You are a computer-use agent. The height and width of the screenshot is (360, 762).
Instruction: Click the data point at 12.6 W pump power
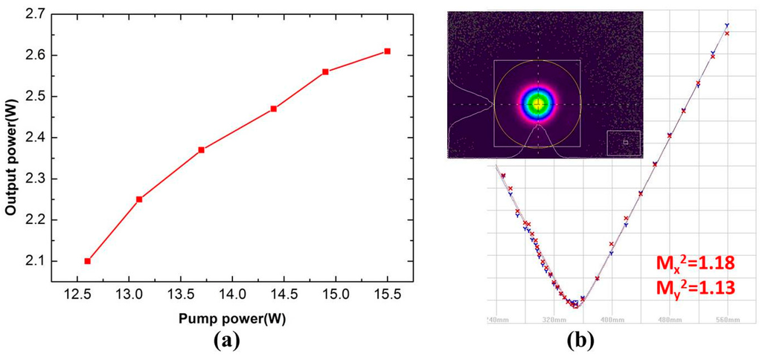(x=88, y=261)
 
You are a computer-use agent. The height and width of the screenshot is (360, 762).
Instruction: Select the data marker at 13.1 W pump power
(x=139, y=199)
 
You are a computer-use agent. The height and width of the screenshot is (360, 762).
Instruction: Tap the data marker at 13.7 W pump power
(x=202, y=150)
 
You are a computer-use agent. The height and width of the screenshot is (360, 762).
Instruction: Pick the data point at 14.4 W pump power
(x=274, y=109)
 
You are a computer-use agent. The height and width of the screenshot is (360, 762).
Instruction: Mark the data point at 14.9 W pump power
(x=325, y=71)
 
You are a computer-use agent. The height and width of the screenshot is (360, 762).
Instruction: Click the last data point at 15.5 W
(x=388, y=51)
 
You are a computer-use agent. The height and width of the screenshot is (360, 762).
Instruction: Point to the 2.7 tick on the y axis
(x=45, y=14)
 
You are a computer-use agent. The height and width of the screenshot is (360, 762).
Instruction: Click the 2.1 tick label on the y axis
(x=45, y=262)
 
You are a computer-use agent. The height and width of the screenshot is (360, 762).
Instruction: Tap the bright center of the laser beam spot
(x=538, y=104)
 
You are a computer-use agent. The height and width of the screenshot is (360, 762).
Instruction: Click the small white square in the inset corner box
(x=625, y=142)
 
